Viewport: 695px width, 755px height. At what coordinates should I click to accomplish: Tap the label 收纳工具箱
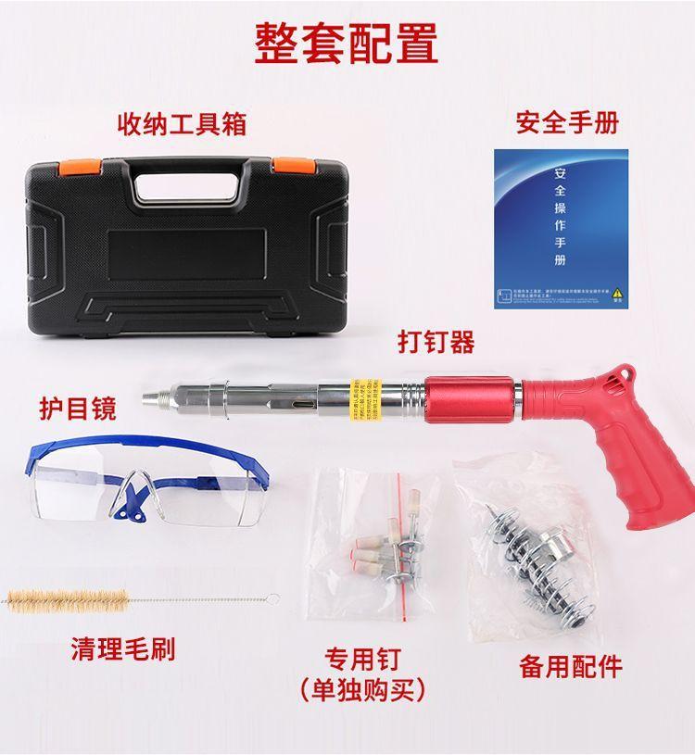click(182, 123)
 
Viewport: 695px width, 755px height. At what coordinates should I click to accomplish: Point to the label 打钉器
click(436, 342)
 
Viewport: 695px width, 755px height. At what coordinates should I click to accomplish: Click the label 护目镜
click(78, 408)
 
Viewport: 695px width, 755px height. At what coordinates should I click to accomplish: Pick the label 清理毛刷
click(123, 648)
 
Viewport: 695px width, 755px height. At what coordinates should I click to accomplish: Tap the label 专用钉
click(362, 660)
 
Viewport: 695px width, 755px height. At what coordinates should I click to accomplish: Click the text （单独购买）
click(362, 690)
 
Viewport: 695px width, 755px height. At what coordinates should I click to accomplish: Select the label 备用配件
click(569, 665)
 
